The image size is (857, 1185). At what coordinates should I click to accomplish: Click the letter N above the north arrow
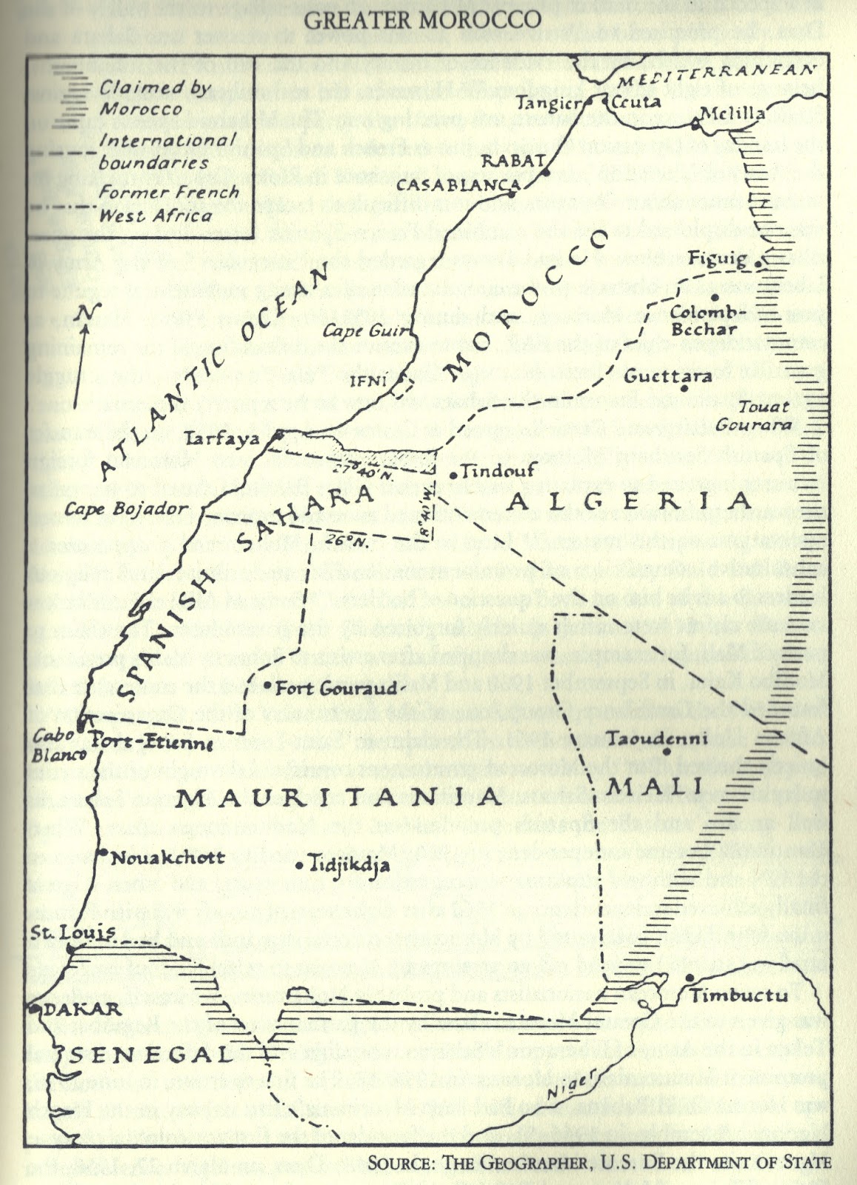coord(87,313)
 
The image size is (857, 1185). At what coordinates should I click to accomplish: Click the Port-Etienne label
coord(152,744)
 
